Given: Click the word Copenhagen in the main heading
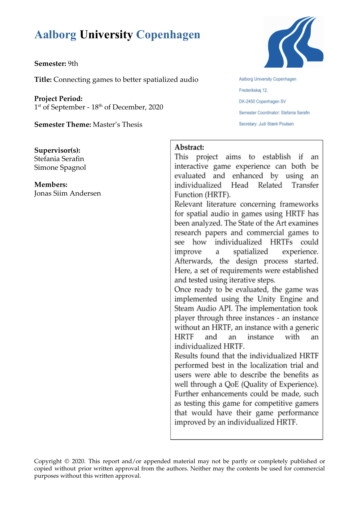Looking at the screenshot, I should [168, 35].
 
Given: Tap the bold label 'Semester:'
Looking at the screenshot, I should [50, 64].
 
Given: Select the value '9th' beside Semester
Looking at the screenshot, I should [73, 64].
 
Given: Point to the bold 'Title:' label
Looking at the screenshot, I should [43, 80].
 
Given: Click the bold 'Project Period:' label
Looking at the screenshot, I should [58, 99].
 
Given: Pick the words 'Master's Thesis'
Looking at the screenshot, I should [117, 124].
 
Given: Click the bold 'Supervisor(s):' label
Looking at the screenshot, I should [57, 150].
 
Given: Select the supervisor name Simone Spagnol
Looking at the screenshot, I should [60, 167].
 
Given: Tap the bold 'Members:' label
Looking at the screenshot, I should [51, 185].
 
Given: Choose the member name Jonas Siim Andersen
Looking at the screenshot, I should [68, 193].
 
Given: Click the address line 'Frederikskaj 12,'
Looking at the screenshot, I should [253, 90].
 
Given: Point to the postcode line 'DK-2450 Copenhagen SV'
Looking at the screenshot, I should [262, 102].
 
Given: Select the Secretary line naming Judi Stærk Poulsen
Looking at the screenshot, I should [266, 124].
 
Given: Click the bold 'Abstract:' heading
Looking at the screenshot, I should [189, 147].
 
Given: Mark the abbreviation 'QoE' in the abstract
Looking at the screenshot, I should [232, 384].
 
